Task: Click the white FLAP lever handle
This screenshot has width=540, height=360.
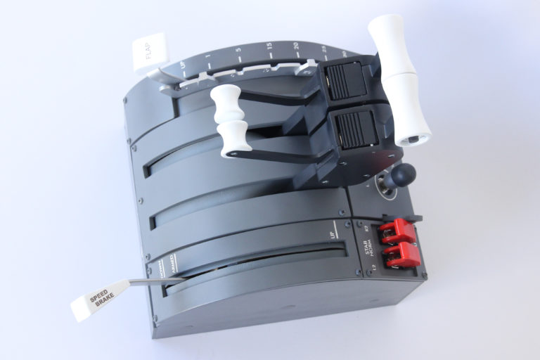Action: point(150,52)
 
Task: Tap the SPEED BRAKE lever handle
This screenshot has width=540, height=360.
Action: point(98,299)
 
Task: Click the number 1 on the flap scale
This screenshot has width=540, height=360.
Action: point(208,58)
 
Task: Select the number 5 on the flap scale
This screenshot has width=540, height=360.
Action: point(240,51)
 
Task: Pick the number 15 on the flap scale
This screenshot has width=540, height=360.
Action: point(269,47)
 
